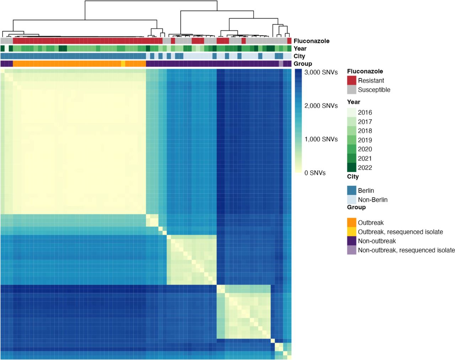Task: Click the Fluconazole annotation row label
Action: point(311,41)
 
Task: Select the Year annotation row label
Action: point(300,49)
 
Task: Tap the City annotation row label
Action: point(299,56)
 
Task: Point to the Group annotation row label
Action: point(303,64)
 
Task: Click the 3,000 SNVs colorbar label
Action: point(321,72)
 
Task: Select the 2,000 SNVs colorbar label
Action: point(321,106)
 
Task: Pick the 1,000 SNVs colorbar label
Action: point(321,139)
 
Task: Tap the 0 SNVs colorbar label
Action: point(315,173)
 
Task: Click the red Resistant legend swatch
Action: point(352,80)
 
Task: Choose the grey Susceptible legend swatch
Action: point(352,90)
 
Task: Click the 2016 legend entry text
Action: point(365,112)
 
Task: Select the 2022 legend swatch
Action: point(352,167)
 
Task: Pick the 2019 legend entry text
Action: point(365,140)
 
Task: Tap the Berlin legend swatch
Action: point(352,190)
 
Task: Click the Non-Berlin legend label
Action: point(373,200)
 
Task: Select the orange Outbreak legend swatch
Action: point(352,222)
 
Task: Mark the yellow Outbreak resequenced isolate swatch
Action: point(352,231)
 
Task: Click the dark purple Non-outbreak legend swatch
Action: point(352,241)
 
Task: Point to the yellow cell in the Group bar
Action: point(123,64)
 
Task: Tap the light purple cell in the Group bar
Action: point(281,64)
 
